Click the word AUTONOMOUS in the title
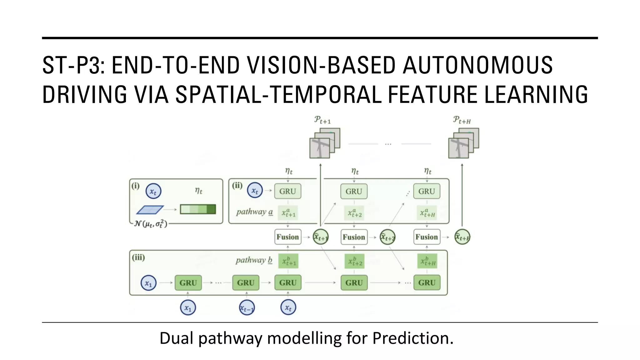(x=477, y=65)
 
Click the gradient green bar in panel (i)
(x=198, y=209)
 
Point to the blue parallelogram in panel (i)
(x=150, y=210)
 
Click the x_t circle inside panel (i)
(x=153, y=191)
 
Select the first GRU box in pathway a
(x=287, y=191)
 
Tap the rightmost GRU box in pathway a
(x=427, y=191)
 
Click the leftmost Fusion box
(x=287, y=237)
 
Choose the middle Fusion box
(x=354, y=237)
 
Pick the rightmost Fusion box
(x=427, y=237)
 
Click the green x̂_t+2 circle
(x=387, y=237)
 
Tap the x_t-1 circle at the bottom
(x=247, y=308)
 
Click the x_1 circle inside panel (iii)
(x=148, y=283)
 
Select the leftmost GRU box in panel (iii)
(x=188, y=283)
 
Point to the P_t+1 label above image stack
(x=322, y=120)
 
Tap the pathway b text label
(x=254, y=260)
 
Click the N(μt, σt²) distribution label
(x=150, y=224)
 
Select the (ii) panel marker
(x=237, y=186)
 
